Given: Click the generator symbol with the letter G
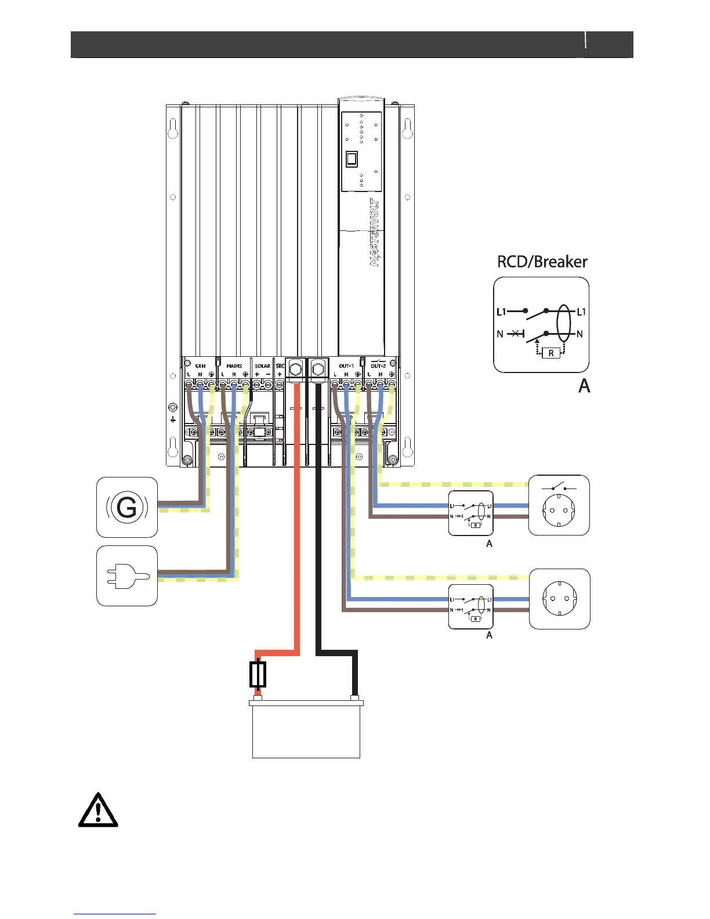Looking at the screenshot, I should point(126,508).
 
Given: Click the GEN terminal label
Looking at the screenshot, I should point(200,366).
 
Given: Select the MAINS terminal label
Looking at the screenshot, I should point(234,366).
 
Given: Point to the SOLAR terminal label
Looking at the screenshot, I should point(263,366).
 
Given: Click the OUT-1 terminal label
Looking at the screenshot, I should point(346,366).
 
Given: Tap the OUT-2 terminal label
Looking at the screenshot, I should point(378,366).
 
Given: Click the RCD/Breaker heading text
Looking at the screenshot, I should point(542,262).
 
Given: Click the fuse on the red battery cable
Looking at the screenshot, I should point(258,674).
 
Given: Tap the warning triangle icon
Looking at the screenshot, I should point(98,810).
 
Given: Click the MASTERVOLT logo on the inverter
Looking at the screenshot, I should point(375,233).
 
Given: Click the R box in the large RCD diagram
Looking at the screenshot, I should point(550,353).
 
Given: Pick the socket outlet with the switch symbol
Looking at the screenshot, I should point(559,505).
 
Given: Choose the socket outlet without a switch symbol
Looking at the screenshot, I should point(559,599).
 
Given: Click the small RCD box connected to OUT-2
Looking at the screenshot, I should point(471,513).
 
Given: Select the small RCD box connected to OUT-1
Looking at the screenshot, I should point(471,607).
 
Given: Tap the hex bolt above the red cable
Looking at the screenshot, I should point(295,369).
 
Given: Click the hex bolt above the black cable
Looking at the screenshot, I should point(318,369).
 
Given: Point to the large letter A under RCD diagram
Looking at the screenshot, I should point(584,386).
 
